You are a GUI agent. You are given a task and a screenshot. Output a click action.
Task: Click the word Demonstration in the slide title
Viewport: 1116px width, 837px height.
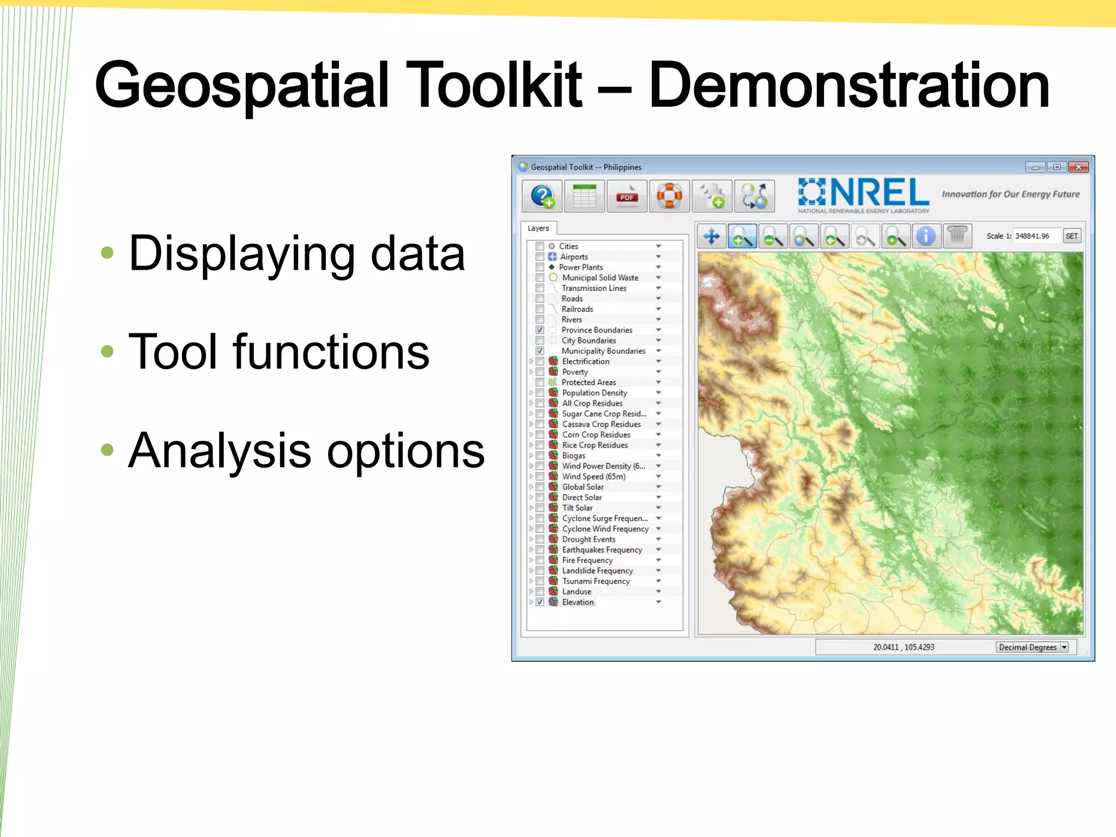coord(848,86)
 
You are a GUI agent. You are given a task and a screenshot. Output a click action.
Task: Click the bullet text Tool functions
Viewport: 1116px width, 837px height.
coord(278,352)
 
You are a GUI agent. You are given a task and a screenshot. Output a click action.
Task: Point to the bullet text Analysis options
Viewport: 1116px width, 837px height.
coord(306,450)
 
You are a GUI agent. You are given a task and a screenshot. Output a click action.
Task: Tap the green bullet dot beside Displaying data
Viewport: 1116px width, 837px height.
coord(107,252)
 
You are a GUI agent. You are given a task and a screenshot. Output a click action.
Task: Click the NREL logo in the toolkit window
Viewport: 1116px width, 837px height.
coord(864,195)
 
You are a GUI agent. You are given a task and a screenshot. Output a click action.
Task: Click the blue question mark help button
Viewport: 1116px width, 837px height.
coord(542,196)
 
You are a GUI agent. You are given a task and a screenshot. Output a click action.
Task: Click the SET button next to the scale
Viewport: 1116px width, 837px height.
coord(1071,236)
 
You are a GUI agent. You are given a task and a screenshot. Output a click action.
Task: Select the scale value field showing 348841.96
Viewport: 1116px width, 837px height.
coord(1035,236)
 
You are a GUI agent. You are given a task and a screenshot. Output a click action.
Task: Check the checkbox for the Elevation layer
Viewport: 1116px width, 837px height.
coord(539,602)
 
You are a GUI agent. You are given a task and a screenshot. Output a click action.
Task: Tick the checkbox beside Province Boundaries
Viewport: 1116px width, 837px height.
coord(539,330)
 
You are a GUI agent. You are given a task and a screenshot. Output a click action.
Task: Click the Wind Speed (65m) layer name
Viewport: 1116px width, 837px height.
coord(593,476)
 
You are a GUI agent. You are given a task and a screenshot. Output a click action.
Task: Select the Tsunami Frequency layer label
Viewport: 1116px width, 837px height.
coord(596,581)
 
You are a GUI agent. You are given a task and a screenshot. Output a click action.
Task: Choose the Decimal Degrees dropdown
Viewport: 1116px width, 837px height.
coord(1032,647)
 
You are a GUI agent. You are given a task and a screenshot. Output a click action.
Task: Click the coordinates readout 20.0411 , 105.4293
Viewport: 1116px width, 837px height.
coord(903,647)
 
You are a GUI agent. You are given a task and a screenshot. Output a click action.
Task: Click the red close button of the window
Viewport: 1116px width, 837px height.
coord(1078,167)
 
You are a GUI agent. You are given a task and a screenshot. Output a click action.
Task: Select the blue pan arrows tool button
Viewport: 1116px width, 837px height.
coord(711,236)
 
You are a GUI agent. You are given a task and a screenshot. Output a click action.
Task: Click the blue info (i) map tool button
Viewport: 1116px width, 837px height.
coord(926,236)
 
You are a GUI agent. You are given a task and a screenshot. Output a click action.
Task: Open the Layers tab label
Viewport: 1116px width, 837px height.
coord(538,228)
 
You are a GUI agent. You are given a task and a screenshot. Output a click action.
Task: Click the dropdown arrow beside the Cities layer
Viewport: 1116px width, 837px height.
coord(658,246)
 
